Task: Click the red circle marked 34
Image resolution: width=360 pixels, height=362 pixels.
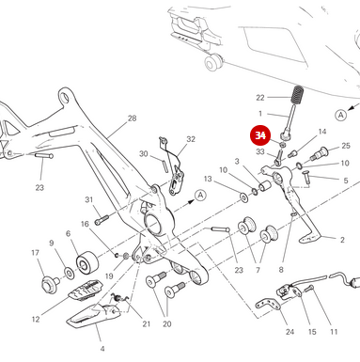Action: pos(260,135)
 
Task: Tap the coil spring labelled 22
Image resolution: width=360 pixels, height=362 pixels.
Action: pos(297,95)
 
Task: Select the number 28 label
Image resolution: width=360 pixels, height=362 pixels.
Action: pos(133,118)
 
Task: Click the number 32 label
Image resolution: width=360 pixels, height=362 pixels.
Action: pos(191,139)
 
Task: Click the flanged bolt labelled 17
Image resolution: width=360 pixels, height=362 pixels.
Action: pos(50,284)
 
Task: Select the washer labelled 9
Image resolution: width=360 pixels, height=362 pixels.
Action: pos(70,273)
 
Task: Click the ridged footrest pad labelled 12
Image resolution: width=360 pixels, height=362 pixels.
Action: pos(86,291)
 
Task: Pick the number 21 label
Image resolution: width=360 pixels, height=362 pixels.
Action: pos(147,324)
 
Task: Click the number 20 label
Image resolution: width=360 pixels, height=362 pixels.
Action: pos(167,324)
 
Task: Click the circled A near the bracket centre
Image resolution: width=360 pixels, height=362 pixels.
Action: pos(200,196)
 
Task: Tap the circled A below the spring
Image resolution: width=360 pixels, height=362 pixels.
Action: pos(340,115)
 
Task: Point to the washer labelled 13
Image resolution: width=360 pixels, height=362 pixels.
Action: pos(243,197)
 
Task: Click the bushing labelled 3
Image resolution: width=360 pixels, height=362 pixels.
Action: pos(265,186)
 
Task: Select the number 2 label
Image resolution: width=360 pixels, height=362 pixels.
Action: pos(342,240)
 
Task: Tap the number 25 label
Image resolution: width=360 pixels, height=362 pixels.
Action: pos(346,146)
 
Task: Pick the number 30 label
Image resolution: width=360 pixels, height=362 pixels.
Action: pos(144,154)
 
